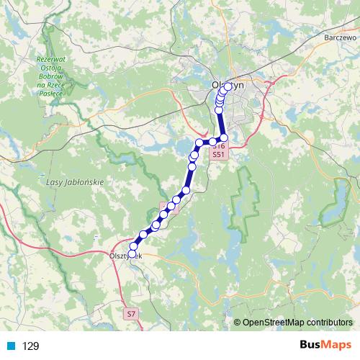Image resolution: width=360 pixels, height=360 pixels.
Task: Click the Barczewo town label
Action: click(341, 56)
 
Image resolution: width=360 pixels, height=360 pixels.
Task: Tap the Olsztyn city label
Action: click(229, 84)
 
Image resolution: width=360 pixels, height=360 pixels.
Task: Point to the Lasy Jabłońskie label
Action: click(75, 182)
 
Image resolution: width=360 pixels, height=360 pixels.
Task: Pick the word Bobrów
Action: click(51, 77)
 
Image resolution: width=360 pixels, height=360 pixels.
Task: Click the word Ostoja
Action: click(51, 68)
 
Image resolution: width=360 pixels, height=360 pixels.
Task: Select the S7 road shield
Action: click(130, 314)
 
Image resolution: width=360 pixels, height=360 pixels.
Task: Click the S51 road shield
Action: click(220, 154)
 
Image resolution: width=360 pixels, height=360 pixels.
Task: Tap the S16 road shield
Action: click(220, 145)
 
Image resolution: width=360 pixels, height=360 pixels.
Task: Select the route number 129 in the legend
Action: click(30, 346)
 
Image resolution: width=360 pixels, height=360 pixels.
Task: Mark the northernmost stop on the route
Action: click(228, 87)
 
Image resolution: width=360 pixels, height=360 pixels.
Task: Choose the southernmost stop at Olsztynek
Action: click(131, 254)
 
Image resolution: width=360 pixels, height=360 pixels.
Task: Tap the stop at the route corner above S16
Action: click(224, 138)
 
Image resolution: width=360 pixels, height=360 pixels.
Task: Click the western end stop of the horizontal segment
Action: click(199, 141)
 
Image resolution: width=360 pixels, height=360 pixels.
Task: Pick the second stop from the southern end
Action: click(134, 246)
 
